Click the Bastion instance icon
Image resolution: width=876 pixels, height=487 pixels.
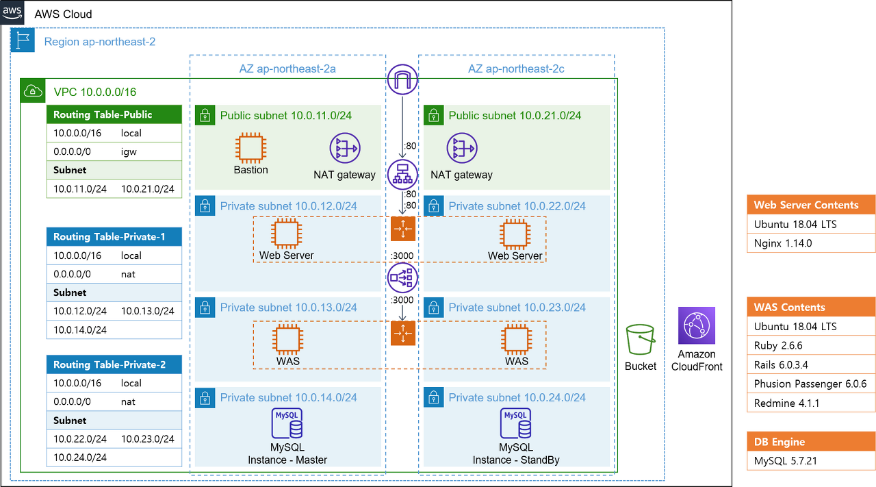point(250,148)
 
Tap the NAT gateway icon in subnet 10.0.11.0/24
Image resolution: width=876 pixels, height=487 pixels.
point(344,148)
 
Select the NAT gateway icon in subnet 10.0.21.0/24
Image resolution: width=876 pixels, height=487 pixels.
point(462,148)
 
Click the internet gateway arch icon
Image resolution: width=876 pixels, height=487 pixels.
point(402,79)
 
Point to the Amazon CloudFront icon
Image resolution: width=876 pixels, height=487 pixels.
point(697,326)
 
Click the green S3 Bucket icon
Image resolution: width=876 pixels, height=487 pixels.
point(640,340)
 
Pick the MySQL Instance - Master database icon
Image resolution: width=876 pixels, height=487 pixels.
point(287,423)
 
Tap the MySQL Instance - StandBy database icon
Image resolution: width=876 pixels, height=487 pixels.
point(515,423)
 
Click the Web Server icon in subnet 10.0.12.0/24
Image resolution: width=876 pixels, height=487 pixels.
point(286,234)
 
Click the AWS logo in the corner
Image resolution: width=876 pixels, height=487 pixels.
point(12,12)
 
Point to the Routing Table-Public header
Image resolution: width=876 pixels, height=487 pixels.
point(114,114)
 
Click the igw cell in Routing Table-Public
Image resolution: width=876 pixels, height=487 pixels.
point(129,151)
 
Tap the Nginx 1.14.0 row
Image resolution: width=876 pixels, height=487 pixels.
point(811,243)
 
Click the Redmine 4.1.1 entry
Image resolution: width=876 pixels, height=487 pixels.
point(811,403)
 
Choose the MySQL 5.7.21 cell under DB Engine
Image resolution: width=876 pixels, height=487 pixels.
point(811,461)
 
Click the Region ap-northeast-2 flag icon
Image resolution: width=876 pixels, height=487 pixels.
point(23,40)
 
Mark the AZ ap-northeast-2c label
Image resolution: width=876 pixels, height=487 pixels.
point(516,69)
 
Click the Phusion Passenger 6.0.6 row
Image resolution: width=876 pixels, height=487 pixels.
point(811,384)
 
